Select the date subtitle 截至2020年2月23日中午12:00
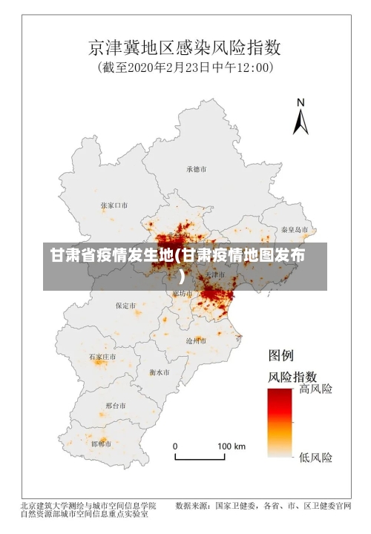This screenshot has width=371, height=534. tap(185, 67)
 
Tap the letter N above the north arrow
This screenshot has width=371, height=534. tap(301, 102)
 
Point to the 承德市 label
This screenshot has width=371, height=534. tap(197, 169)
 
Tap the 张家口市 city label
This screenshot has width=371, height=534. tap(114, 205)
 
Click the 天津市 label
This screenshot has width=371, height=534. tap(215, 275)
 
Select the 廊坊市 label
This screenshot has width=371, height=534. tap(182, 294)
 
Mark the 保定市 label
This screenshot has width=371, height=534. tap(125, 305)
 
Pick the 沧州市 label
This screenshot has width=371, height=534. tap(196, 340)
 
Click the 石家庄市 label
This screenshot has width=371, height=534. tap(102, 357)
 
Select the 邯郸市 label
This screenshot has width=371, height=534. tap(101, 444)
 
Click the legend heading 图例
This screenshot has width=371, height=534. tap(282, 355)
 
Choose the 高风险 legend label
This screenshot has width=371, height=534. tap(316, 389)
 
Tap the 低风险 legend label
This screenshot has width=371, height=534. tap(316, 456)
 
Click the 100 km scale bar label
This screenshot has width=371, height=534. tap(231, 446)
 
